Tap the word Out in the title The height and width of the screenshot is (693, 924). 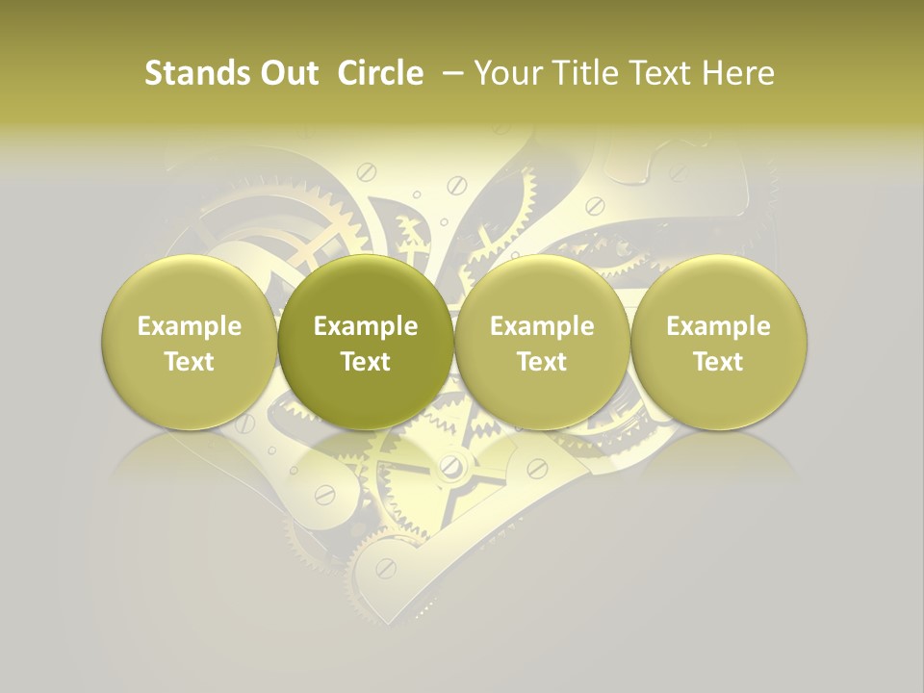tap(286, 73)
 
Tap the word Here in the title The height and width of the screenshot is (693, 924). tap(738, 73)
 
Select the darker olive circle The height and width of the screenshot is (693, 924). tap(366, 342)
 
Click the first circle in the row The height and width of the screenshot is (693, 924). tap(190, 342)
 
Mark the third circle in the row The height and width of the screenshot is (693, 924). tap(542, 342)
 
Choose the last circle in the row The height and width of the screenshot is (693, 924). tap(719, 342)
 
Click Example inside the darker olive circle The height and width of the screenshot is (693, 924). tap(366, 326)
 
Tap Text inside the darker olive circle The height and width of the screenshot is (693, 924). tap(366, 362)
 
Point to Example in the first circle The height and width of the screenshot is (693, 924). tap(190, 326)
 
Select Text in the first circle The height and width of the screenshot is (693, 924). tap(190, 362)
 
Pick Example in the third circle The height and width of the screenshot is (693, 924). tap(542, 326)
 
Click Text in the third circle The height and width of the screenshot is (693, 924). tap(542, 362)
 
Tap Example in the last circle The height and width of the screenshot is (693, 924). tap(719, 326)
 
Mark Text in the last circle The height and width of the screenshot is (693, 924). tap(719, 362)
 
